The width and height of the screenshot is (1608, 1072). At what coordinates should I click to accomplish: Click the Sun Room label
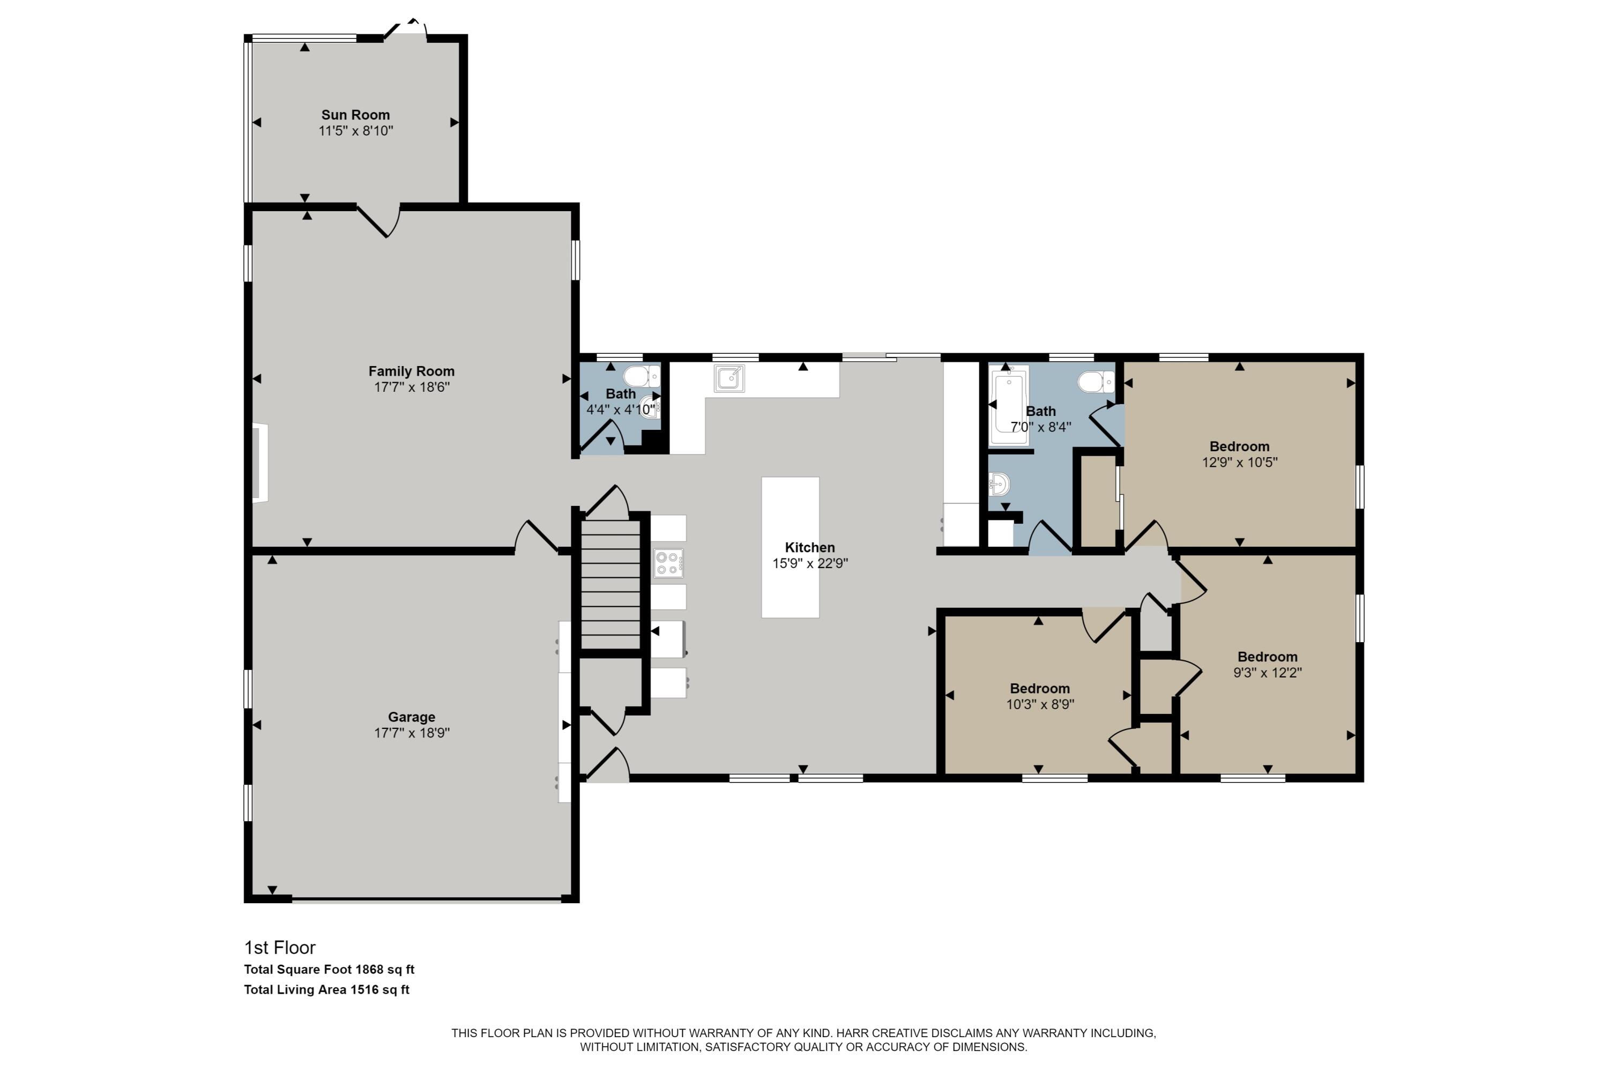(355, 115)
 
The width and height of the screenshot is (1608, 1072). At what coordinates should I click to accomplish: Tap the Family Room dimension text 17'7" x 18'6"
(412, 387)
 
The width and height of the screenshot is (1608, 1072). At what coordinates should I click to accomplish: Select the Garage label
(412, 717)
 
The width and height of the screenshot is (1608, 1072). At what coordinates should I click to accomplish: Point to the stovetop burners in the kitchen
(668, 563)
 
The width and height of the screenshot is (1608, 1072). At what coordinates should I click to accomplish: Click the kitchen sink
(729, 378)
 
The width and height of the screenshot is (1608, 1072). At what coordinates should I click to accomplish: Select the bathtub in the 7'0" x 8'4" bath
(1008, 405)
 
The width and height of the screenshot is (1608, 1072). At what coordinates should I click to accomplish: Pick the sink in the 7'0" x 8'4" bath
(999, 484)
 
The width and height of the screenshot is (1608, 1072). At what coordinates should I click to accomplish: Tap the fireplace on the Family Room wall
(260, 464)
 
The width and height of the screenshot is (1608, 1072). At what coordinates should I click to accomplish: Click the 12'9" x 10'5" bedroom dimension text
(1239, 462)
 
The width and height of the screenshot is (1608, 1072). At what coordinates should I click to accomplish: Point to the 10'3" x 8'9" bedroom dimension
(1040, 704)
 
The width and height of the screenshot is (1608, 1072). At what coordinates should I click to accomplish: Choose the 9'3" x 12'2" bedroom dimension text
(1267, 673)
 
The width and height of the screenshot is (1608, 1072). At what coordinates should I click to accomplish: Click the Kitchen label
(809, 548)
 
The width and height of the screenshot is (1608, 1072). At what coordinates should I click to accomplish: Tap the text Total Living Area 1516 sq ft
(327, 989)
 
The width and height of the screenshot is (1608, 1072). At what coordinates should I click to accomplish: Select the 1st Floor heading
(280, 948)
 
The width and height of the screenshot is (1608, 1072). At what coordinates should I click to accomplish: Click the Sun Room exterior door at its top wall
(405, 31)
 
